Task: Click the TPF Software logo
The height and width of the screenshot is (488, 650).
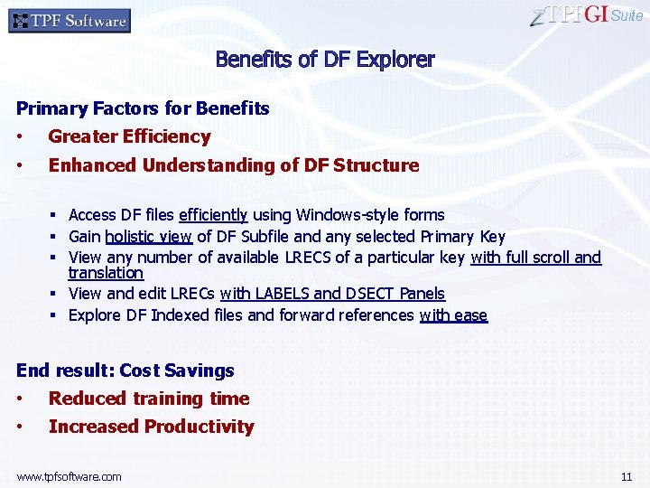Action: point(69,20)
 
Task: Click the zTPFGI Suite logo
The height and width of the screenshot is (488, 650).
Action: point(587,15)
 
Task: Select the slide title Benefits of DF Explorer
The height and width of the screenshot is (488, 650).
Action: point(325,61)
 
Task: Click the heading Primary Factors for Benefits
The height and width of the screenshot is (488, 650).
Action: point(143,108)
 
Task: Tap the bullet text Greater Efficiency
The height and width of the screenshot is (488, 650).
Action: point(129,137)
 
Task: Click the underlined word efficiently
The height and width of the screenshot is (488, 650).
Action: point(213,215)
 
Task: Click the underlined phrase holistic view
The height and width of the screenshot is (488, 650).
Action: point(149,237)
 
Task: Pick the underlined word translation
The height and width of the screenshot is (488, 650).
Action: point(106,273)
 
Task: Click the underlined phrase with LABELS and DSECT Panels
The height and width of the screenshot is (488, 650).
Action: point(332,294)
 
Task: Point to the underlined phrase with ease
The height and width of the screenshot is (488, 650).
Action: point(453,315)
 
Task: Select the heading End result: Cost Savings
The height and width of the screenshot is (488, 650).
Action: point(125,371)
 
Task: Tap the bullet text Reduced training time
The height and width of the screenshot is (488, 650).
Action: point(148,399)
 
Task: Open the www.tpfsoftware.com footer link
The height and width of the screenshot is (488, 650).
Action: point(69,476)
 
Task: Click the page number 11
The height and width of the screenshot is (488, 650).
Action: point(627,476)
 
